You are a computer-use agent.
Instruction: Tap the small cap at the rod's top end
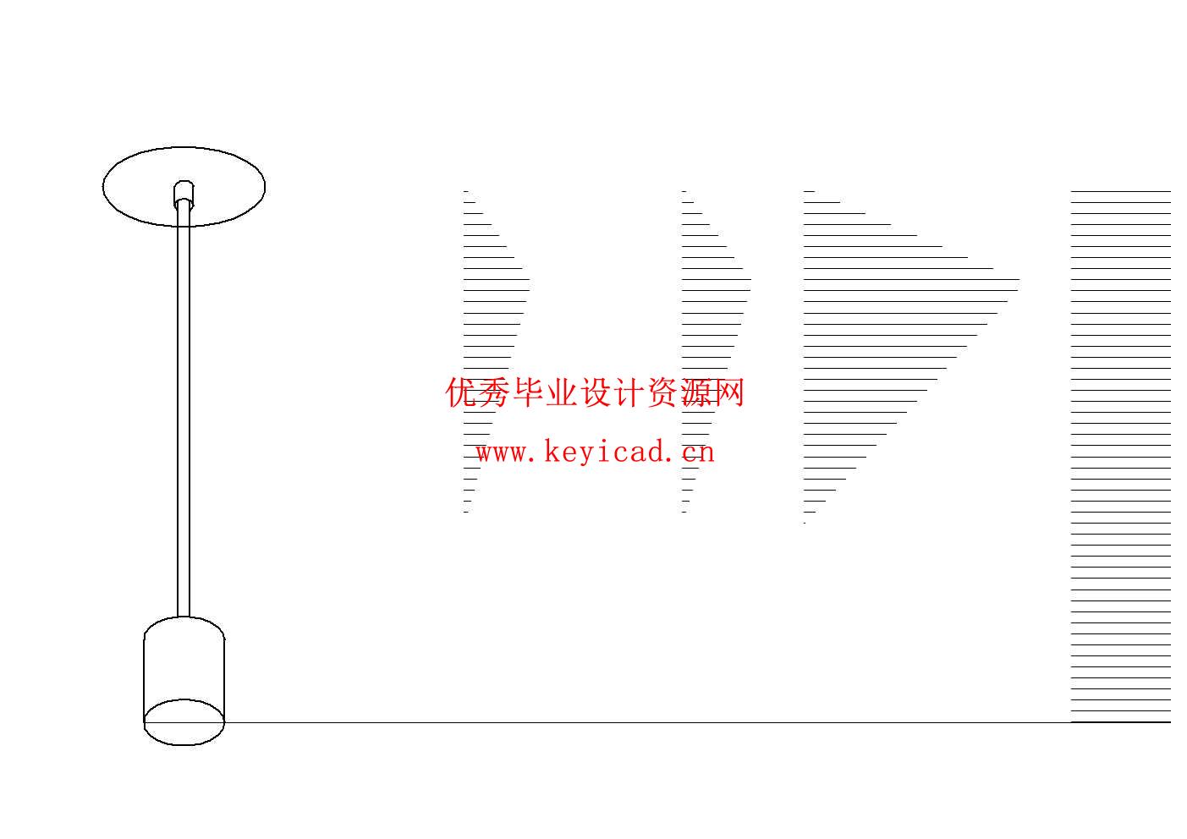point(184,192)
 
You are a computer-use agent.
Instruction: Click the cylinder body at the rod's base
point(184,668)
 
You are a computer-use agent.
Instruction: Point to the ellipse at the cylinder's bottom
point(184,722)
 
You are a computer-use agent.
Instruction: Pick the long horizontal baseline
point(643,722)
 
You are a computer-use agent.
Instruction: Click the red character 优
point(462,393)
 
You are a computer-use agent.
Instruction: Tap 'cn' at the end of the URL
point(699,452)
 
